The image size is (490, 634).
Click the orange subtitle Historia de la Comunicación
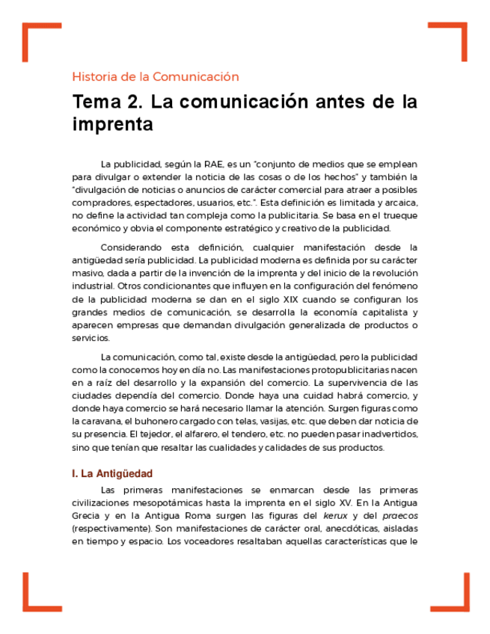coord(156,76)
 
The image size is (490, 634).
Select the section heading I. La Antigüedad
coord(112,473)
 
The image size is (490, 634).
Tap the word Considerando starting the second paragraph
coord(132,247)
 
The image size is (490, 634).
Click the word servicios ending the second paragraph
coord(91,337)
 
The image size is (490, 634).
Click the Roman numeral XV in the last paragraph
coord(345,503)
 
